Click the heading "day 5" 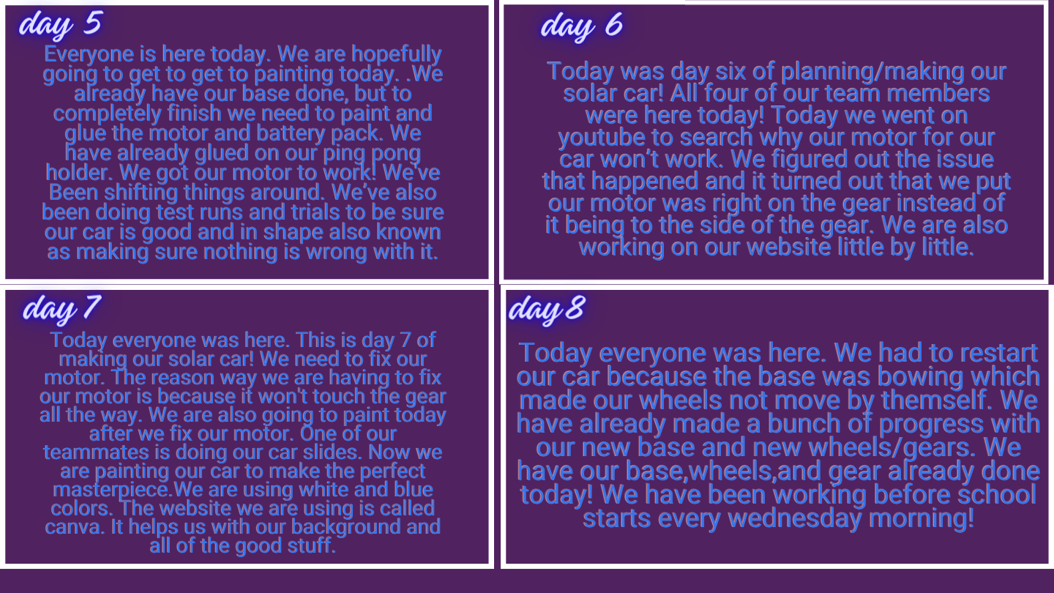click(60, 23)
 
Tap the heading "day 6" click(582, 26)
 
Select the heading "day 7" click(61, 309)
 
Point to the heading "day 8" click(547, 310)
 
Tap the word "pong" click(396, 154)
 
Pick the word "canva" click(73, 527)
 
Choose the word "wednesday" click(795, 518)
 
